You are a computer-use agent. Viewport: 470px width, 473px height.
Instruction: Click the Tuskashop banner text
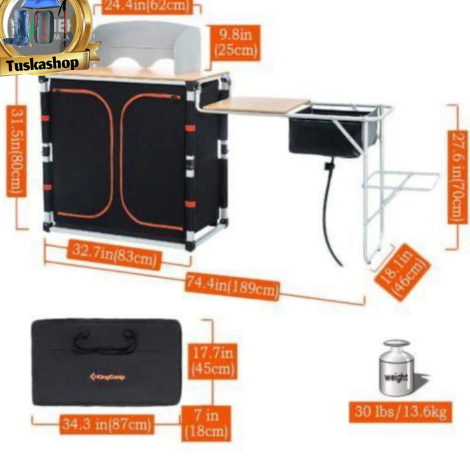(x=42, y=64)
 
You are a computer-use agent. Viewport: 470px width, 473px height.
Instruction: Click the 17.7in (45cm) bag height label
(x=213, y=360)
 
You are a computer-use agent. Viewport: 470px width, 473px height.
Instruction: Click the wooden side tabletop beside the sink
(x=256, y=105)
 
